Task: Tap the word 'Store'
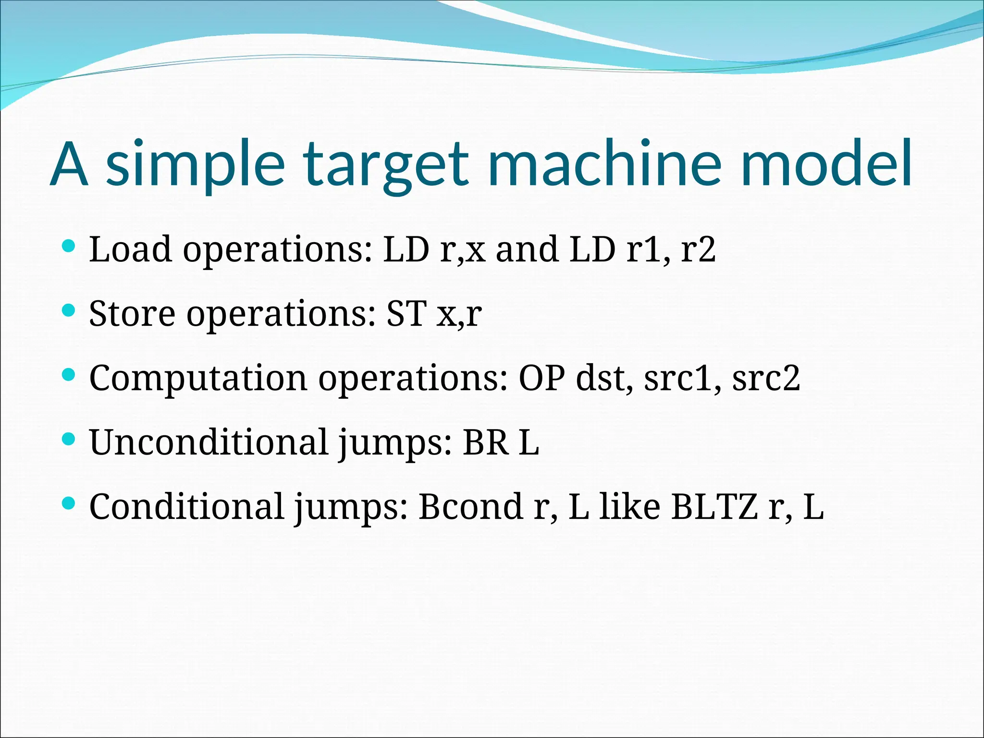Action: pyautogui.click(x=132, y=313)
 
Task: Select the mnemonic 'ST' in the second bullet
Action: pyautogui.click(x=406, y=313)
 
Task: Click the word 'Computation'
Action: pyautogui.click(x=198, y=378)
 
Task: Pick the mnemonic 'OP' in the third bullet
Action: pyautogui.click(x=542, y=378)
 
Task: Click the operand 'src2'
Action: pyautogui.click(x=766, y=378)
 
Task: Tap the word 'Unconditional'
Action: pyautogui.click(x=209, y=442)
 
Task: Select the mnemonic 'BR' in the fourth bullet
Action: pyautogui.click(x=485, y=442)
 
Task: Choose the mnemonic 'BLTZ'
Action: pyautogui.click(x=714, y=506)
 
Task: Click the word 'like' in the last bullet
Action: pyautogui.click(x=630, y=506)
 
